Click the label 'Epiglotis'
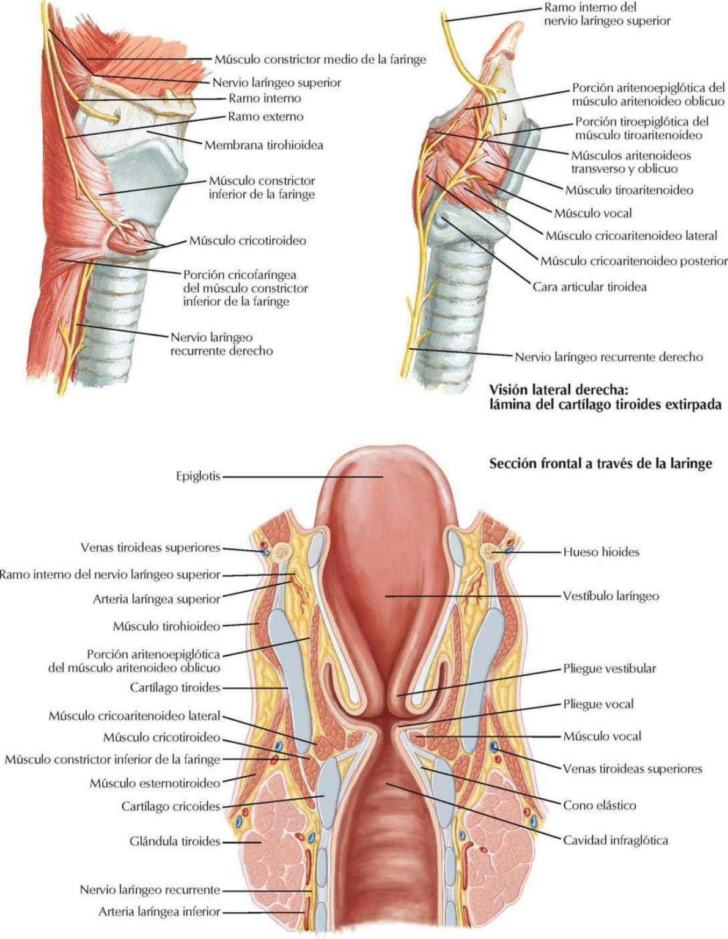tap(197, 476)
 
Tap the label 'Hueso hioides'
tap(601, 552)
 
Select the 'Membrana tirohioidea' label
tap(263, 145)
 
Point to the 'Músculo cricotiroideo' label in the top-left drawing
tap(248, 241)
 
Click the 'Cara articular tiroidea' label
tap(589, 287)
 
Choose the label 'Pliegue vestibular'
tap(609, 669)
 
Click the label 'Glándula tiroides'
tap(175, 842)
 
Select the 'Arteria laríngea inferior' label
tap(159, 912)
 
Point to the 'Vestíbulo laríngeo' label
tap(611, 595)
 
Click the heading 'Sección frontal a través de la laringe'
tap(600, 463)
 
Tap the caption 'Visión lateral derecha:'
tap(559, 390)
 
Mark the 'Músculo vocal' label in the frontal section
tap(602, 737)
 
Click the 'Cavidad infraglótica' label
tap(615, 841)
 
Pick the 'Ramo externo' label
tap(265, 117)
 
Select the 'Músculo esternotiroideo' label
tap(155, 783)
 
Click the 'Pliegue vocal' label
tap(598, 704)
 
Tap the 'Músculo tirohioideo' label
tap(166, 627)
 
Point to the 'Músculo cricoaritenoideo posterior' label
tap(634, 262)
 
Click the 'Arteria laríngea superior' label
tap(156, 600)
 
